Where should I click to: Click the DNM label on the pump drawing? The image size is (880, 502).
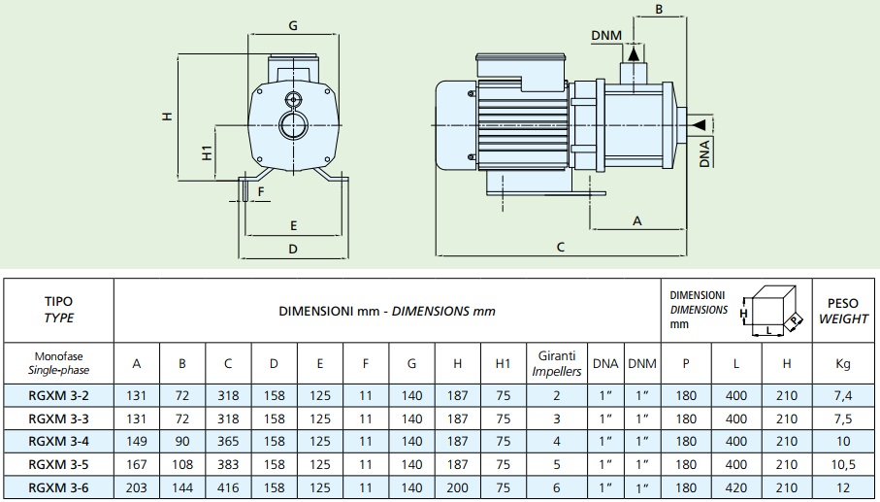[x=606, y=35]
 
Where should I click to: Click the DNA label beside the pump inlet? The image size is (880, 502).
[x=705, y=153]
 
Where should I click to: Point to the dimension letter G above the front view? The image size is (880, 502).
[x=293, y=26]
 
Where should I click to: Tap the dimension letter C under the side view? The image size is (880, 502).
[x=561, y=247]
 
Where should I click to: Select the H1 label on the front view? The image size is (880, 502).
[x=207, y=152]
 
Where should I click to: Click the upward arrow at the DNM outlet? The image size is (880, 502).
[x=634, y=54]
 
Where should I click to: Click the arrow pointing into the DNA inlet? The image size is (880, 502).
[x=699, y=124]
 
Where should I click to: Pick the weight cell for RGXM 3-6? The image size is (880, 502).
[x=843, y=488]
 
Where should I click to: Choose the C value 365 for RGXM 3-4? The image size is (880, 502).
[x=228, y=442]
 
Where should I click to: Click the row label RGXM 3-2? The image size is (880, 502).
[x=58, y=396]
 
